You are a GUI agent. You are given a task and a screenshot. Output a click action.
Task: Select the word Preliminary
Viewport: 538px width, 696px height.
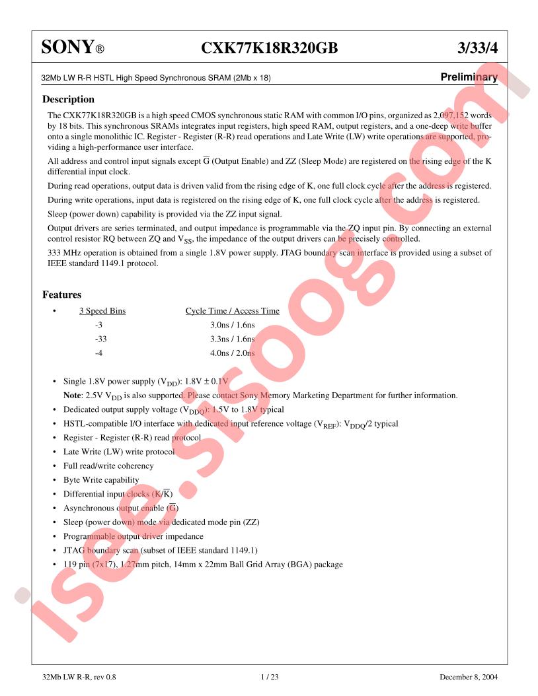point(469,77)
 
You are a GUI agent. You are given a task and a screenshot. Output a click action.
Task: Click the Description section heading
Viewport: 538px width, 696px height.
point(68,99)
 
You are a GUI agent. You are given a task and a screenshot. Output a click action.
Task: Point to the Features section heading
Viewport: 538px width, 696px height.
point(61,295)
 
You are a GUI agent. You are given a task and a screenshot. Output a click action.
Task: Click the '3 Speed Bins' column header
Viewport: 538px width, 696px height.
point(102,311)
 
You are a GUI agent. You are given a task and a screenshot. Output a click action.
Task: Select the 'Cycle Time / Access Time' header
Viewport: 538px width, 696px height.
point(232,311)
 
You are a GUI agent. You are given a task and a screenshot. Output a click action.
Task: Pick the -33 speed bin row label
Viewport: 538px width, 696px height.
point(100,339)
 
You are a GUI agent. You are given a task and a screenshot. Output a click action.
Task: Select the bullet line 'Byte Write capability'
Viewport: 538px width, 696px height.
point(101,480)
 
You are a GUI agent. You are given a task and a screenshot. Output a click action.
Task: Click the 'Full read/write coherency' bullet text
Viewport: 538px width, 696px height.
point(108,466)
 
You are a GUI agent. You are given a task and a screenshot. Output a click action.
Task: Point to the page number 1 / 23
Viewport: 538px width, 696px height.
point(269,677)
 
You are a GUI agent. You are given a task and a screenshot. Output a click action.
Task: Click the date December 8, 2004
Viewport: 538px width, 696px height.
point(469,677)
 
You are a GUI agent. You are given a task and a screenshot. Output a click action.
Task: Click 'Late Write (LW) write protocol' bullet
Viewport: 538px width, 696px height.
point(119,452)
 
